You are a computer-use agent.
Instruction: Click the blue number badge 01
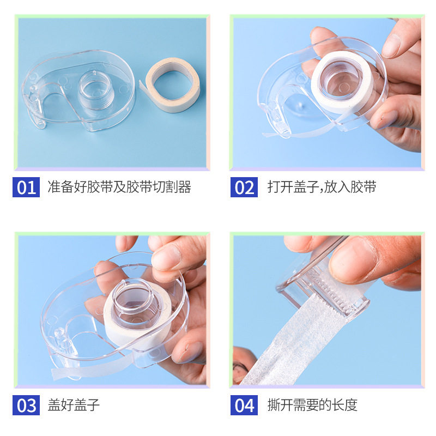26,187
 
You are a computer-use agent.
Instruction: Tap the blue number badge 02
244,187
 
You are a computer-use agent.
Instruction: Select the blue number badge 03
26,405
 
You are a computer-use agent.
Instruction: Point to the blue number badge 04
244,405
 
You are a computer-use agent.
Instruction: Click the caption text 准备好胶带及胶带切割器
119,187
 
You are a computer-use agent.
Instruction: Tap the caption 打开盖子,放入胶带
322,187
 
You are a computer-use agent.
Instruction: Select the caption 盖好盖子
74,405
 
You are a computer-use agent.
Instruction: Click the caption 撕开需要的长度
312,405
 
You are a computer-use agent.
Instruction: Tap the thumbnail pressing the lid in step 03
163,258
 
